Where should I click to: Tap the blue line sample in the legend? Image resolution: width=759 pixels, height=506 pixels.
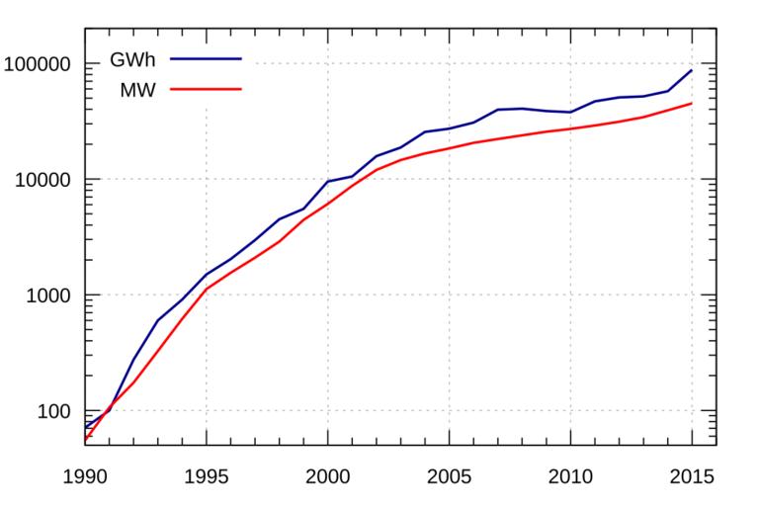pyautogui.click(x=206, y=59)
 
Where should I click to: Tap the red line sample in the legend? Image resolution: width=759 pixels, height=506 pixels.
pyautogui.click(x=206, y=89)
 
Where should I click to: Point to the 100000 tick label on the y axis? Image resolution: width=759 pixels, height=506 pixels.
pyautogui.click(x=43, y=64)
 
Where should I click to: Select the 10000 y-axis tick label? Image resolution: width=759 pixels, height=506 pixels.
pyautogui.click(x=47, y=180)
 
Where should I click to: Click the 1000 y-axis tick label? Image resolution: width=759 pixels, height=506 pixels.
pyautogui.click(x=51, y=295)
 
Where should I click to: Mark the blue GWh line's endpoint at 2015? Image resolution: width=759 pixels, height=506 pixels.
pyautogui.click(x=692, y=70)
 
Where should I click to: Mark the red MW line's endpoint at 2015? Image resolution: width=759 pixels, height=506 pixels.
pyautogui.click(x=692, y=103)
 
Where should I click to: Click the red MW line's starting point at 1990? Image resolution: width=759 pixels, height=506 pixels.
pyautogui.click(x=86, y=439)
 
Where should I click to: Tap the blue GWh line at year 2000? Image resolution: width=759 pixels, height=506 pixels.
pyautogui.click(x=328, y=182)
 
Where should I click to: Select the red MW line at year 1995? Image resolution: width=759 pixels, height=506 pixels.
pyautogui.click(x=207, y=289)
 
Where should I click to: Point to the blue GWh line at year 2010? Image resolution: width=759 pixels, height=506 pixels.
pyautogui.click(x=570, y=113)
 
